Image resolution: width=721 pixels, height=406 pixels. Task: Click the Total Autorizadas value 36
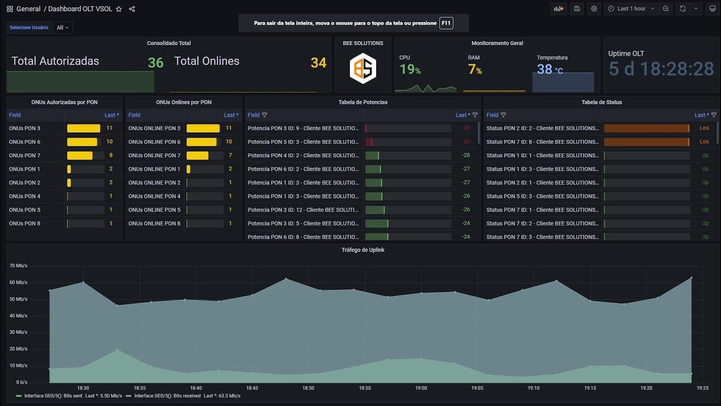click(155, 63)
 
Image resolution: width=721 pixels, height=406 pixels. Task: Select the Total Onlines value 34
click(318, 63)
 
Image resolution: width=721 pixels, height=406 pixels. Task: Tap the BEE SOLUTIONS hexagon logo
click(363, 68)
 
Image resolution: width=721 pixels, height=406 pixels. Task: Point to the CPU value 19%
click(410, 69)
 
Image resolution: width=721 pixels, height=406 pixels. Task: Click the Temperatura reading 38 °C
click(549, 69)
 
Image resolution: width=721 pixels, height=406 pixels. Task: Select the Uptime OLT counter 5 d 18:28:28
click(661, 69)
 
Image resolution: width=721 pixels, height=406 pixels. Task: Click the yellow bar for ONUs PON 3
click(83, 129)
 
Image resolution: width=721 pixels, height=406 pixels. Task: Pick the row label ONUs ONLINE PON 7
click(154, 156)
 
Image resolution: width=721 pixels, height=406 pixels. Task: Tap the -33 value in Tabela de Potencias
click(466, 129)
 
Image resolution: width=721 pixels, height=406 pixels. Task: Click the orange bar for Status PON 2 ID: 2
click(646, 129)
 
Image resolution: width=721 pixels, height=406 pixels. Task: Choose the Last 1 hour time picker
click(631, 9)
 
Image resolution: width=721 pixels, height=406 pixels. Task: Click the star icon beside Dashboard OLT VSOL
click(119, 9)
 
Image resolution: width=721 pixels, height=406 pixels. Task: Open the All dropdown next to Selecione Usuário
click(63, 28)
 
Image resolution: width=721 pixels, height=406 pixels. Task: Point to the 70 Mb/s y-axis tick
click(18, 266)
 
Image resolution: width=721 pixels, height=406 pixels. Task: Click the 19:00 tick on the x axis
click(421, 388)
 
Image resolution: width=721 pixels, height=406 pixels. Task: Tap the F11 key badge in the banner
click(446, 23)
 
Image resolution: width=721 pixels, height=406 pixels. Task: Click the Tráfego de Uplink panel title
click(363, 250)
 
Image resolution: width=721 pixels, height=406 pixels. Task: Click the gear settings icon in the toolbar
click(594, 9)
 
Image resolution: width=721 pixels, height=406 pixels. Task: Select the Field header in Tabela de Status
click(492, 115)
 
